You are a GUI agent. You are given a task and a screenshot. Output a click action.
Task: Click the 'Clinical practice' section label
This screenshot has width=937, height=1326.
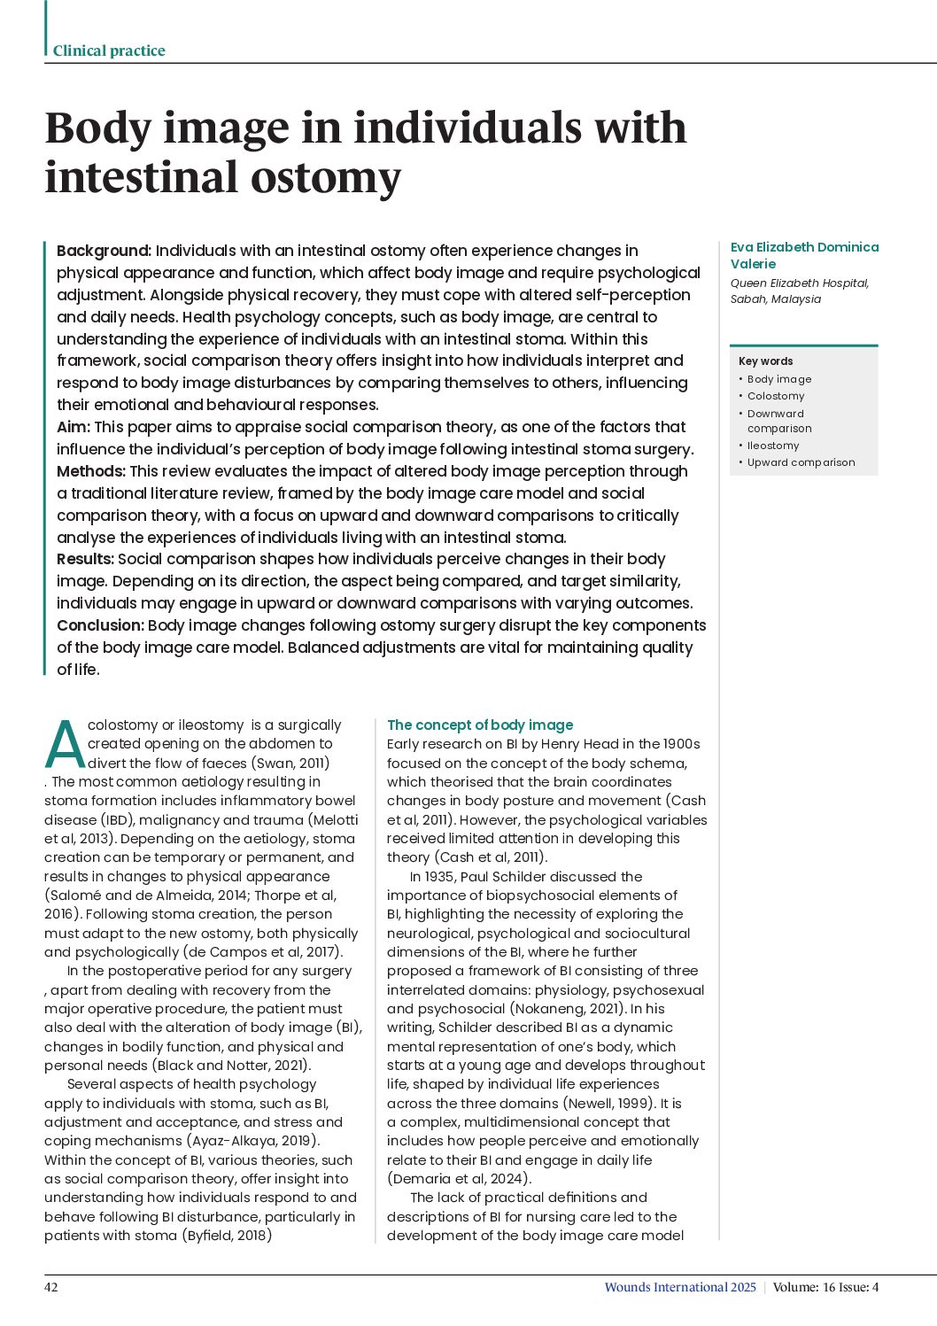(109, 50)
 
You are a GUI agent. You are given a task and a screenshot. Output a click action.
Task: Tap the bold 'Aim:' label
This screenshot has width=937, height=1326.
(74, 427)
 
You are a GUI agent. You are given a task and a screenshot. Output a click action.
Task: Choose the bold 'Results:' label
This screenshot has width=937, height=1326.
(85, 559)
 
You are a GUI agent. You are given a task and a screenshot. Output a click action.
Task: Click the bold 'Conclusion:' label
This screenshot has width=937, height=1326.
(100, 625)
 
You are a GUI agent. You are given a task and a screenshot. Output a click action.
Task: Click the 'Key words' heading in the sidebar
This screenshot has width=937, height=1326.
(765, 361)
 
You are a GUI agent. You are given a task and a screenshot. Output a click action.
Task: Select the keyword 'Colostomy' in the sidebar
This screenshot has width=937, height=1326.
(776, 396)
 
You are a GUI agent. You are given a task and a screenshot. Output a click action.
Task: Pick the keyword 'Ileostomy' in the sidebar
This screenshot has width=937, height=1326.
(773, 446)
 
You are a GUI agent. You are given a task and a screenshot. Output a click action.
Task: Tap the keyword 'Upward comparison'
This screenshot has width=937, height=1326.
(801, 462)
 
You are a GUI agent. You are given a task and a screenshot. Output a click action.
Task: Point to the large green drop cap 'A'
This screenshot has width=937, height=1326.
(64, 745)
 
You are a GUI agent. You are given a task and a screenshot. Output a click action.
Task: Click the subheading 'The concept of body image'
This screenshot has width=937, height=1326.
(480, 725)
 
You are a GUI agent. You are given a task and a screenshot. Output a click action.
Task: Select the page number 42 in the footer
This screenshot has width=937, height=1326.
(51, 1287)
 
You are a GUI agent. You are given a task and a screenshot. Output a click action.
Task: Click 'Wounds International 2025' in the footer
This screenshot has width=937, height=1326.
(680, 1287)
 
